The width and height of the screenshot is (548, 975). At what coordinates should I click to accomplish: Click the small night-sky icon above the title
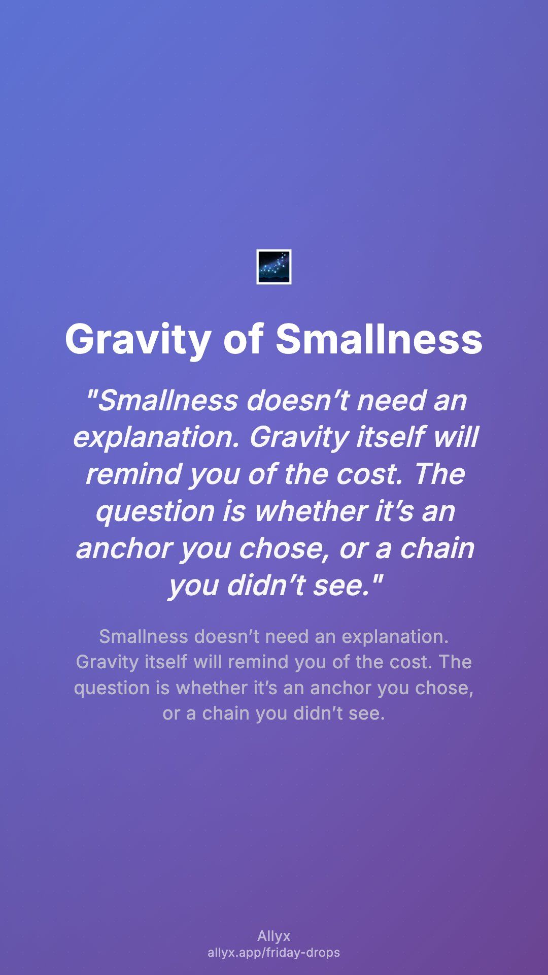coord(274,267)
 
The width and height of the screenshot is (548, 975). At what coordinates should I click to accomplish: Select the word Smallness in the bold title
coord(379,339)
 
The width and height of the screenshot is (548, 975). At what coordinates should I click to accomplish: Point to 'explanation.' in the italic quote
coord(156,437)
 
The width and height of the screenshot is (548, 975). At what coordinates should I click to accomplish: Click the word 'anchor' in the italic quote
coord(124,548)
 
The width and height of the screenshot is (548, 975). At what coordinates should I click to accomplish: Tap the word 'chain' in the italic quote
coord(437,548)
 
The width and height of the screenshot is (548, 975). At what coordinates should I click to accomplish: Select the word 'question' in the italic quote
coord(155,512)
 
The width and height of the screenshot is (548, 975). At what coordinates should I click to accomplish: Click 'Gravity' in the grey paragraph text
coord(107,662)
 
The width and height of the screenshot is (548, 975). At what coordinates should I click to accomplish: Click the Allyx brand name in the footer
coord(274,936)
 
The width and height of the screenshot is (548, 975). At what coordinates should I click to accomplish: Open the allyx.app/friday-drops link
coord(274,953)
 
